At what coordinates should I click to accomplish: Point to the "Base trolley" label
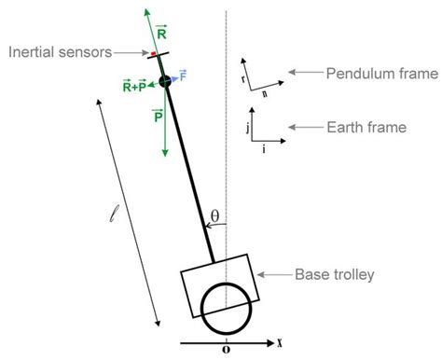point(334,274)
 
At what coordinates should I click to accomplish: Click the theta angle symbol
point(214,216)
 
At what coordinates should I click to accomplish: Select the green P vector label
point(156,117)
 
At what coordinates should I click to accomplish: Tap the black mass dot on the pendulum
point(164,82)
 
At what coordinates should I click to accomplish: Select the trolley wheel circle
point(227,305)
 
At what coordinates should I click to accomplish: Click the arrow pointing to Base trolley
point(275,274)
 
